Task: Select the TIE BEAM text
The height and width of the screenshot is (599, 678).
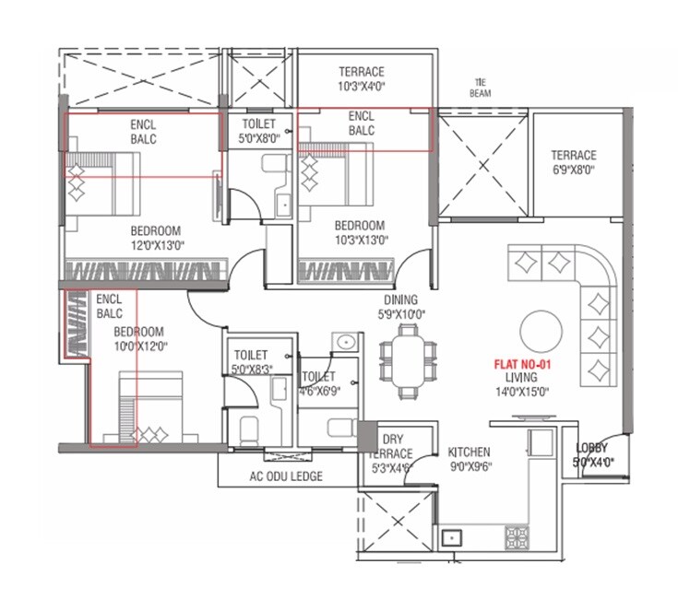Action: (480, 87)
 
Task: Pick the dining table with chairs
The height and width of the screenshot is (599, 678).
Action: (407, 354)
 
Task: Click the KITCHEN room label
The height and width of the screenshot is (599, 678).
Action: (469, 452)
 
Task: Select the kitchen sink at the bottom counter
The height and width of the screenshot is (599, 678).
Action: (453, 536)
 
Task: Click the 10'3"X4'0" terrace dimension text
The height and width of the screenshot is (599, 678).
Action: (361, 86)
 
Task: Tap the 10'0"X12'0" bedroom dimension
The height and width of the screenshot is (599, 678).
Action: (139, 346)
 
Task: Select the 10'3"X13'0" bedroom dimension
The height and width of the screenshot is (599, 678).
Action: (359, 240)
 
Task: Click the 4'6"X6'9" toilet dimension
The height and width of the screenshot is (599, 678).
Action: (319, 390)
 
